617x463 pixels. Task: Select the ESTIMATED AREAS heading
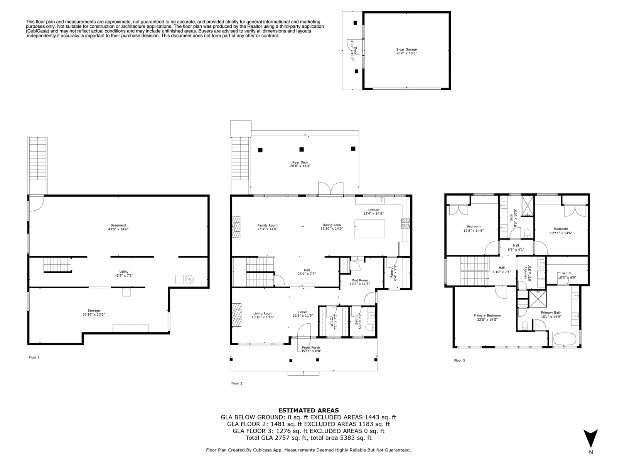(x=308, y=411)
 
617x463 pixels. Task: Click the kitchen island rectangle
(x=370, y=229)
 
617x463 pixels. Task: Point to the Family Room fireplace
(x=236, y=227)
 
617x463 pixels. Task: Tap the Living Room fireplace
(x=236, y=315)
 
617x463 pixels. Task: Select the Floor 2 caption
(x=237, y=383)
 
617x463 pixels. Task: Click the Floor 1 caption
(x=34, y=357)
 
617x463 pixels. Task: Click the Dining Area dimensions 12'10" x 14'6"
(x=332, y=228)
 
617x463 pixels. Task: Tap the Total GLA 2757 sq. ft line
(x=308, y=438)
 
